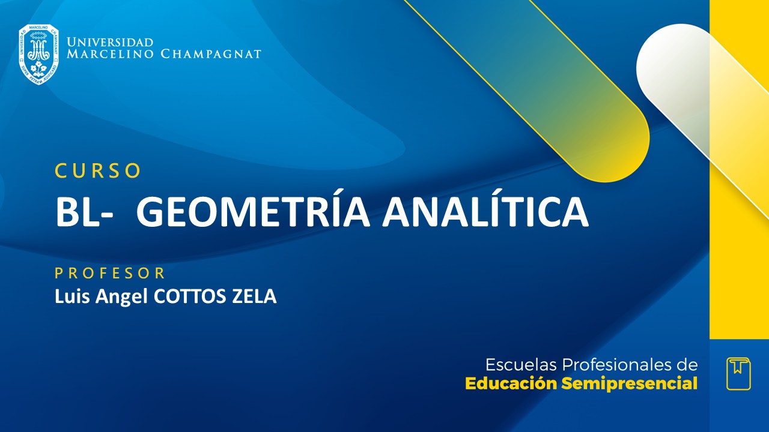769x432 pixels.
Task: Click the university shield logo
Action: (x=38, y=54)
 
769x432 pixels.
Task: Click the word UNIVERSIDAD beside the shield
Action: (x=110, y=42)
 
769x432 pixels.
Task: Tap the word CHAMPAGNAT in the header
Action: (x=211, y=55)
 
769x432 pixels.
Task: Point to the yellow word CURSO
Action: (x=99, y=171)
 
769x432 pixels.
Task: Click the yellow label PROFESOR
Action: (x=110, y=274)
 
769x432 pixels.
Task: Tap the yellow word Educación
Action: (x=511, y=384)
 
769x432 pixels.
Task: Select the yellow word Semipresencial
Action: (x=630, y=384)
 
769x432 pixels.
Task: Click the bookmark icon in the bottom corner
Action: (x=738, y=374)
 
